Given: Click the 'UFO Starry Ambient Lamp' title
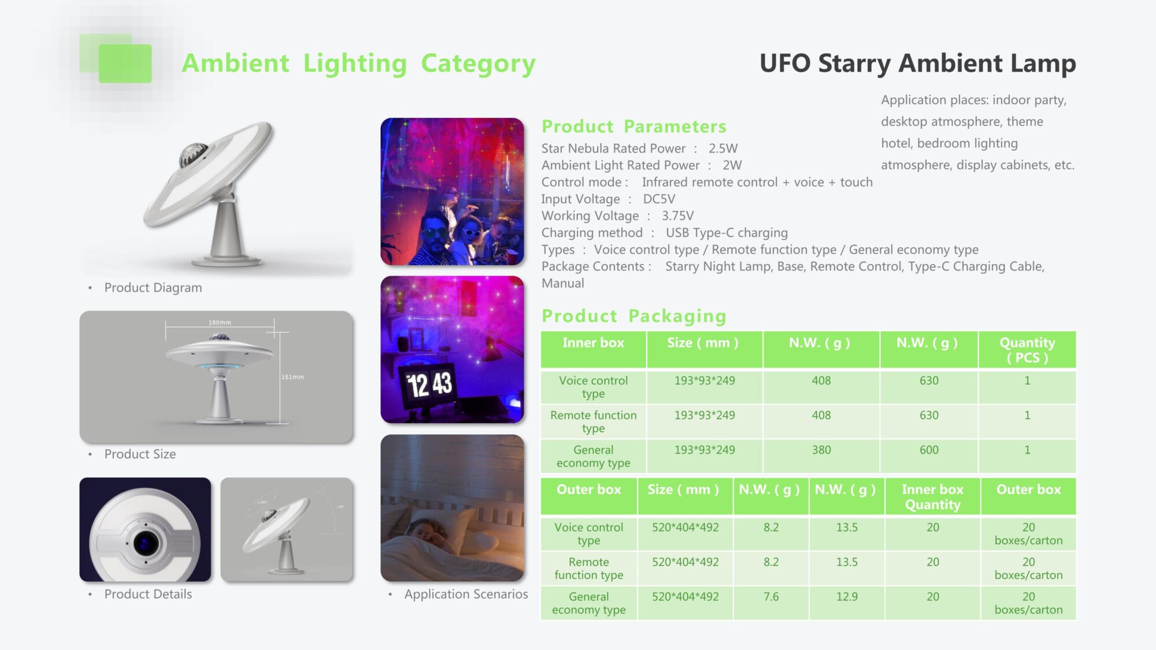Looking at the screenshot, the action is click(917, 63).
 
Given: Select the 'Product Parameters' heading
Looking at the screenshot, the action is click(634, 127).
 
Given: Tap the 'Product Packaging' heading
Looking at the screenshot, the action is click(634, 316).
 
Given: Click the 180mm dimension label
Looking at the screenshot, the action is click(220, 322).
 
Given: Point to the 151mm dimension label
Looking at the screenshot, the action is click(292, 377).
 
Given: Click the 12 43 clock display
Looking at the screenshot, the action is click(429, 385).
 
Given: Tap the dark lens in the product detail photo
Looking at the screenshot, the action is click(146, 543).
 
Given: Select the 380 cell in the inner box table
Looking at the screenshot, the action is click(821, 450).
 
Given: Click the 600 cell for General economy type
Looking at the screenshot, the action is click(929, 450).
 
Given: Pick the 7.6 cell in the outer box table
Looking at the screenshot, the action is click(771, 597).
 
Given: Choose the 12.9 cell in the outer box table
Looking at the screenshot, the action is click(847, 597).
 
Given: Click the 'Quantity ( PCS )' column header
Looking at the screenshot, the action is click(1027, 350).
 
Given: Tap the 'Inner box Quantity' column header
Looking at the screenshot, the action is click(932, 497).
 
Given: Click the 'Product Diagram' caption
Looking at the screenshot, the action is click(153, 288).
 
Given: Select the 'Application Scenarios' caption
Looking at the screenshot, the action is click(466, 594).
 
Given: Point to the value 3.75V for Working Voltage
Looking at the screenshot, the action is click(677, 216).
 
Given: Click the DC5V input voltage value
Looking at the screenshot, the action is click(659, 199).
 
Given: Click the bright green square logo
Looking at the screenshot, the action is click(125, 64).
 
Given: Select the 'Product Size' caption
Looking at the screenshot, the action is click(140, 454).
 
